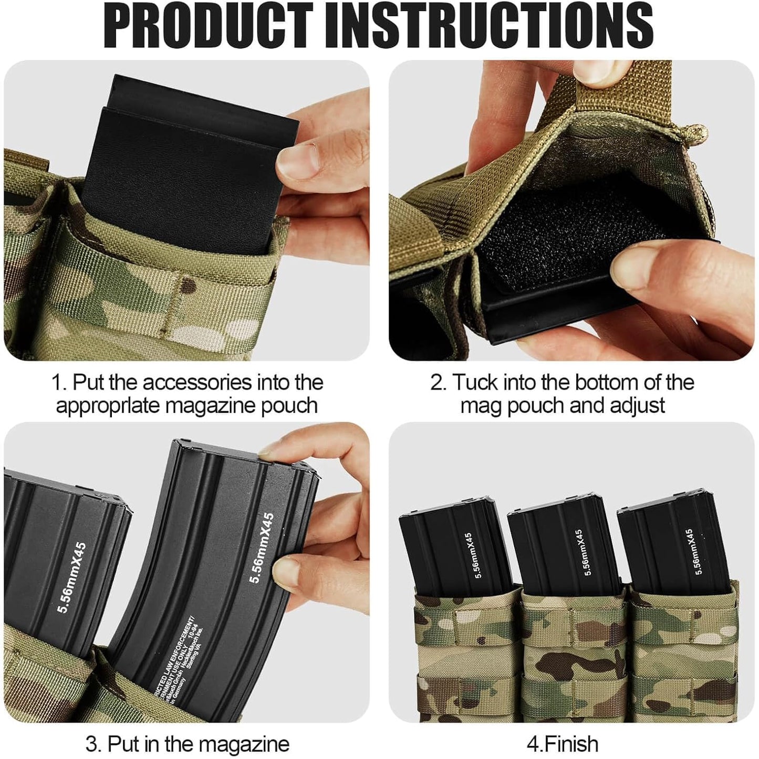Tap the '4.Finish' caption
(x=562, y=744)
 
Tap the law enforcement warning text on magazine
(x=179, y=653)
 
